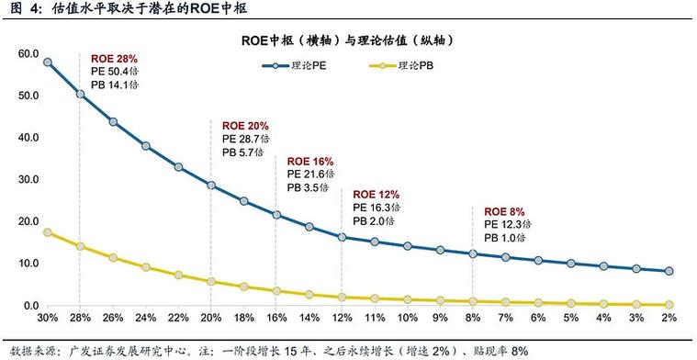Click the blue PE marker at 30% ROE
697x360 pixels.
click(47, 62)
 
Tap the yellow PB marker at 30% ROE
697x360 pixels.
click(47, 232)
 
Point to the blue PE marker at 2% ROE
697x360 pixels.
click(669, 271)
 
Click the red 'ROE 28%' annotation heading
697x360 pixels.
click(114, 59)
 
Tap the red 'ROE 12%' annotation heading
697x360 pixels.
click(377, 195)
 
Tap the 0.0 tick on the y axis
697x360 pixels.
click(29, 305)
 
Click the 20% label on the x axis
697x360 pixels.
click(210, 318)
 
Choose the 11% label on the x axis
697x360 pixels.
click(375, 318)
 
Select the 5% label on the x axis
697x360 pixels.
click(570, 318)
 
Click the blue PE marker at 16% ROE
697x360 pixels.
click(276, 215)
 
